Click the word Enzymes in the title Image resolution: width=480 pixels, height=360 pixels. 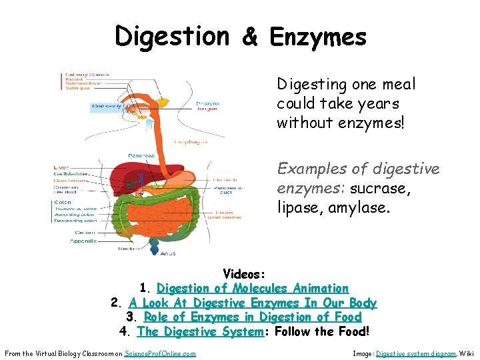[x=318, y=37]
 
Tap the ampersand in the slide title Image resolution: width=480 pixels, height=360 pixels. [x=251, y=37]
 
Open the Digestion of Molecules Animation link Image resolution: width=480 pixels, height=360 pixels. [x=252, y=289]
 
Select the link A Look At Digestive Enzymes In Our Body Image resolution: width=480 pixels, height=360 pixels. [x=253, y=303]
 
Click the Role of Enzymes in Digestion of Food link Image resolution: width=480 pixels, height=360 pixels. [x=253, y=317]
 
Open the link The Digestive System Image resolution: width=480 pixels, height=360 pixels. [x=201, y=331]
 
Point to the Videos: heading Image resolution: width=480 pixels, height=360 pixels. [x=245, y=274]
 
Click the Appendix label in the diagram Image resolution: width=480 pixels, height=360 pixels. [x=83, y=241]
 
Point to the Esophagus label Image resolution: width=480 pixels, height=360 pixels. [x=189, y=141]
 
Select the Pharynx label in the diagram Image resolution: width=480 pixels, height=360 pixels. [x=205, y=103]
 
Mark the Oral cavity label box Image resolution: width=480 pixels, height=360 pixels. [x=107, y=106]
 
